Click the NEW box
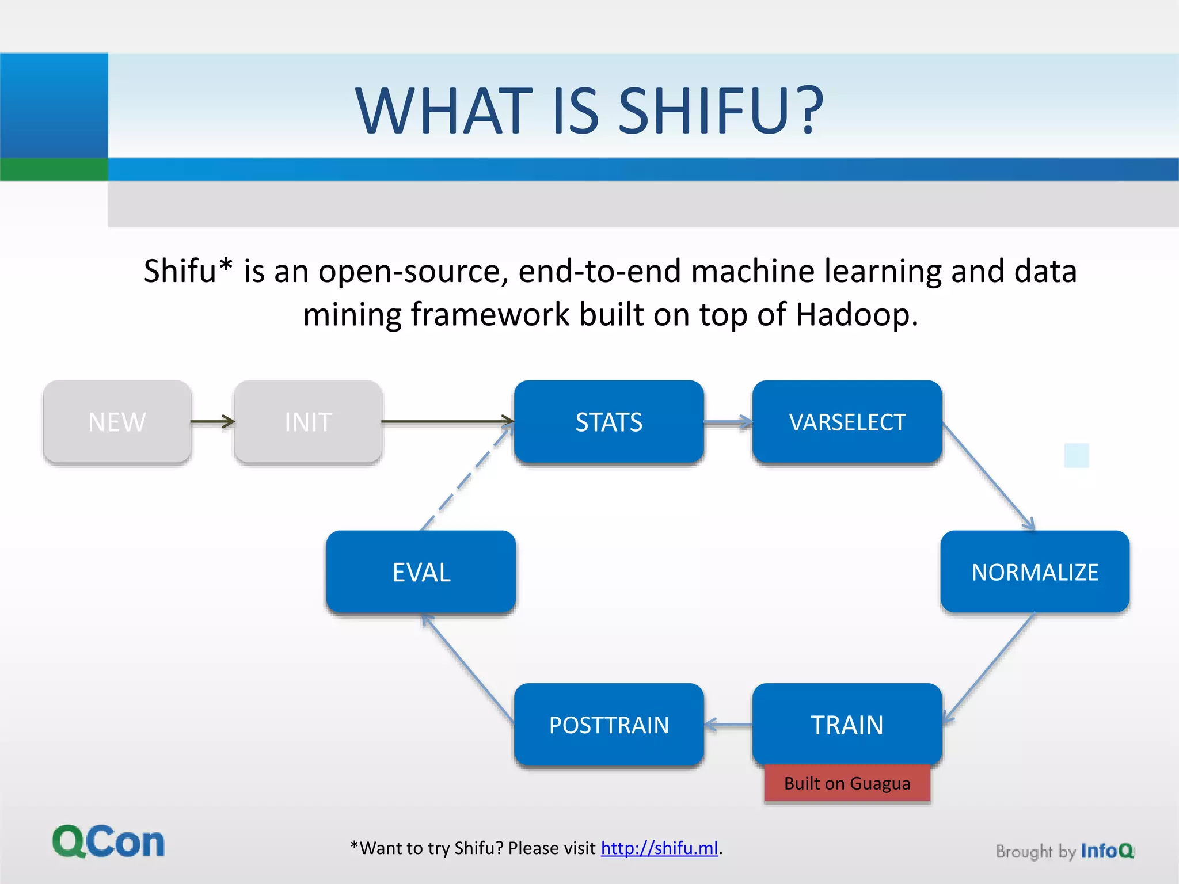click(117, 422)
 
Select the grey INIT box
click(308, 422)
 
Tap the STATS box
click(609, 422)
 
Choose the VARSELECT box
click(847, 422)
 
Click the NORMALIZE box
click(1035, 572)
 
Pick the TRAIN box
click(847, 724)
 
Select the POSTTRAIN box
click(609, 725)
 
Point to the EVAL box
click(421, 572)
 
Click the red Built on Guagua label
click(847, 783)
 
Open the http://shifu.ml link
click(659, 848)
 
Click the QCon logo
click(108, 841)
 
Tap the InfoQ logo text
click(1106, 851)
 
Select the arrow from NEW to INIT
click(212, 422)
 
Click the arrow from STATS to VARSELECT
click(728, 423)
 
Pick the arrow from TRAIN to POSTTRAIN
click(728, 725)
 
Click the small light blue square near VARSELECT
click(1076, 455)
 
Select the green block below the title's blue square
click(54, 169)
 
